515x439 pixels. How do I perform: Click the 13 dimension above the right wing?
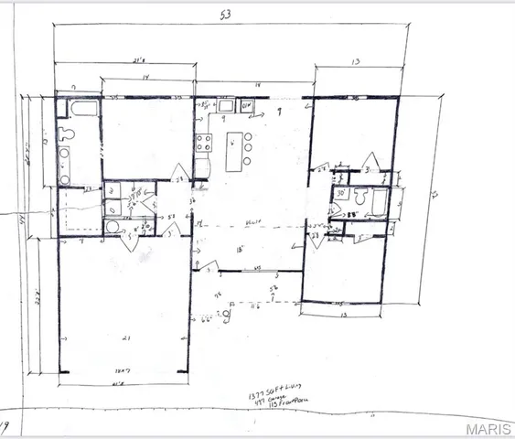point(356,60)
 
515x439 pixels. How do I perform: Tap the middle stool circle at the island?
point(248,147)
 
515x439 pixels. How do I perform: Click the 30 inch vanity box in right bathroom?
point(340,194)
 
